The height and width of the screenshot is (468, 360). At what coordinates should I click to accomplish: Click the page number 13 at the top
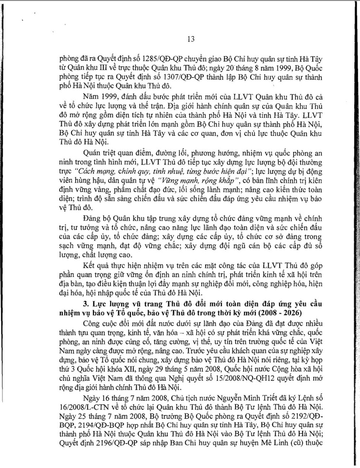tap(191, 38)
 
